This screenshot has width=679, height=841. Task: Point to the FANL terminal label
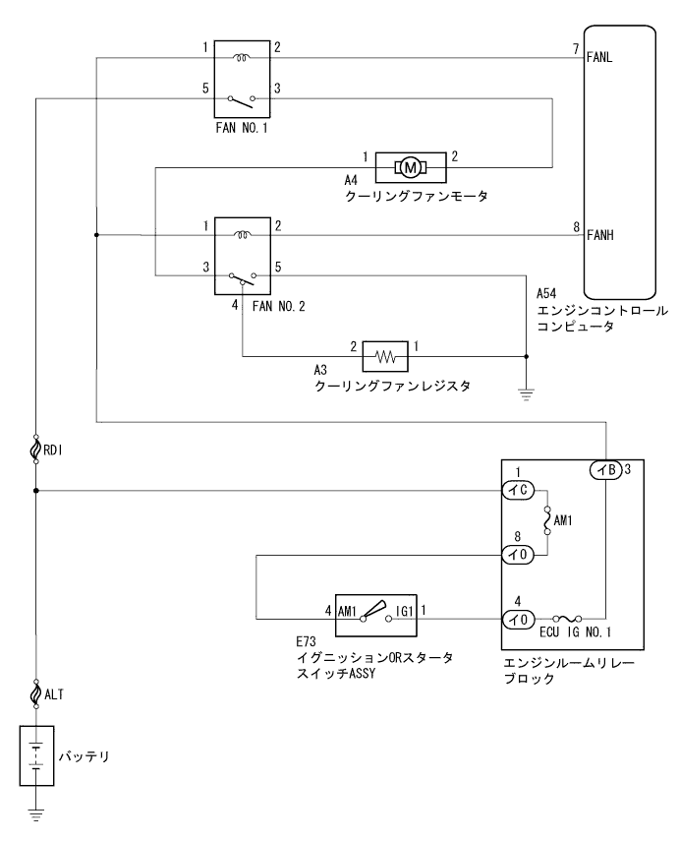(599, 57)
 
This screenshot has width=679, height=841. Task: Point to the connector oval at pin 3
(604, 469)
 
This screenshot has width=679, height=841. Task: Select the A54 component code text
(546, 294)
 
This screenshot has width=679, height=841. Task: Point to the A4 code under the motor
(350, 180)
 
